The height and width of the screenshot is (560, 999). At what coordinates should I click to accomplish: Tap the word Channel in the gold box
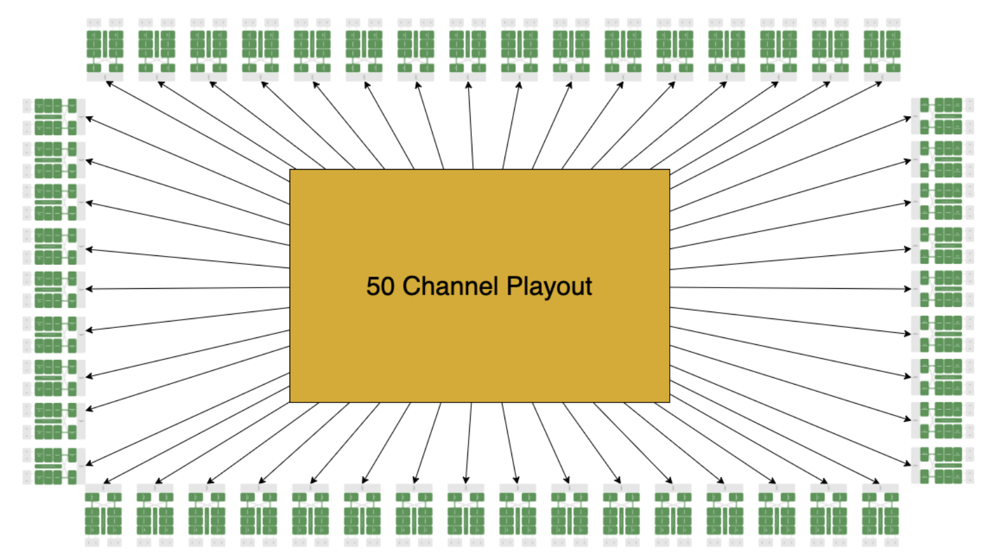coord(450,286)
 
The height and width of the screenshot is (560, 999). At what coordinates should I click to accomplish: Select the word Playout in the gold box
coord(549,287)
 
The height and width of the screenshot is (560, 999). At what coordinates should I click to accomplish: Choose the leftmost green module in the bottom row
coord(103,514)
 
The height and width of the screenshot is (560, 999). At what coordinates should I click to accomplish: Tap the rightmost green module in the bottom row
coord(880,514)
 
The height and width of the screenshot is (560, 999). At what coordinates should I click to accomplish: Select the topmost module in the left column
coord(55,117)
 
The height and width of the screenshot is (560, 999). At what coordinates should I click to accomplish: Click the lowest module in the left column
coord(55,466)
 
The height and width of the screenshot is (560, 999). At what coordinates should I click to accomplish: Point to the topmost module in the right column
coord(942,116)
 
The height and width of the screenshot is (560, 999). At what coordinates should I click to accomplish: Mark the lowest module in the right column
coord(942,465)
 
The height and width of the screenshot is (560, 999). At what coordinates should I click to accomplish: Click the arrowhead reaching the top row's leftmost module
coord(108,83)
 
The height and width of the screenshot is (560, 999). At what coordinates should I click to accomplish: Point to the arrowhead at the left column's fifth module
coord(88,289)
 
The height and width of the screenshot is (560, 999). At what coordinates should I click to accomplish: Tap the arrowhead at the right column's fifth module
coord(908,289)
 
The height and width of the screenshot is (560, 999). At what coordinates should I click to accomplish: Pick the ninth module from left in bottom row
coord(518,514)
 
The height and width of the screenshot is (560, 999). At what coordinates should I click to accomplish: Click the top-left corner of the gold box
coord(290,170)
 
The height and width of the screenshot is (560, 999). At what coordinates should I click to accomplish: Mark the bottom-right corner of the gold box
coord(669,402)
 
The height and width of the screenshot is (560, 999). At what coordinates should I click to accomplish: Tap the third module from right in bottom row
coord(777,514)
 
